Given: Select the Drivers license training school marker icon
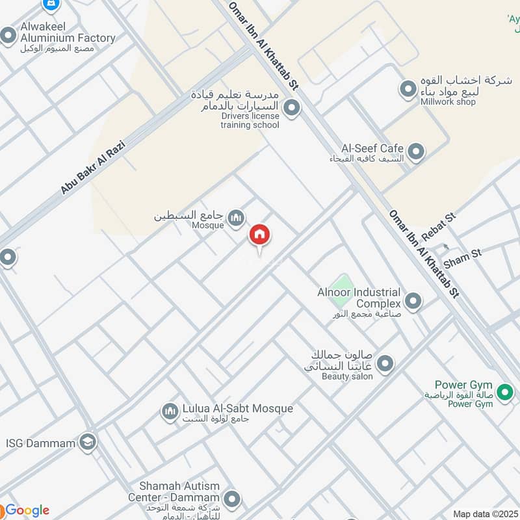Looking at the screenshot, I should click(x=291, y=108).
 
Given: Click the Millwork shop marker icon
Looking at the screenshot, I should click(x=408, y=89).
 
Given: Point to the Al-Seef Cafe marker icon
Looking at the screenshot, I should click(x=416, y=152).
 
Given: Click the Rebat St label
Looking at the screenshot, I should click(x=439, y=224).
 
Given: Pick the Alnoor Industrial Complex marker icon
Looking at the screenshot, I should click(x=412, y=301).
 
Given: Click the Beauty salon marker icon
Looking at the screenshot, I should click(x=385, y=364).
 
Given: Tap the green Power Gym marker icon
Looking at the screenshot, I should click(x=504, y=392).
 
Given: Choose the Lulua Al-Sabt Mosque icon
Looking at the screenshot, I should click(x=170, y=412).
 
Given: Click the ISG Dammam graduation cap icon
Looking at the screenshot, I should click(x=88, y=443).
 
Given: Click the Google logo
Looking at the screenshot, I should click(x=26, y=510).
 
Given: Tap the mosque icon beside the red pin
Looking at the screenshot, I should click(x=236, y=218).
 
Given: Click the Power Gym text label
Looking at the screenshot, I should click(x=463, y=385).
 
